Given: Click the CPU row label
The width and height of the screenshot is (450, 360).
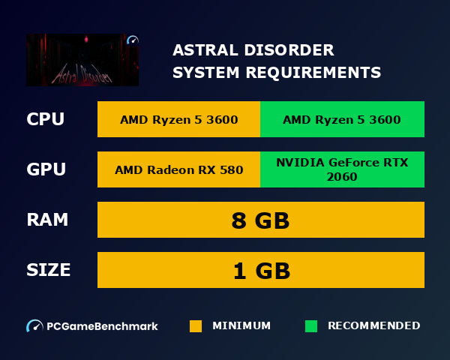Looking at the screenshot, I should (x=45, y=119).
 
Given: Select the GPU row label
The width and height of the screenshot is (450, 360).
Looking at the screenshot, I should (x=46, y=169).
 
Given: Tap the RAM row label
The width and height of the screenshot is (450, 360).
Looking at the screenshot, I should (x=47, y=220).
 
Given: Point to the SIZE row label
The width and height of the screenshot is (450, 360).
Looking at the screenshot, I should (x=49, y=270).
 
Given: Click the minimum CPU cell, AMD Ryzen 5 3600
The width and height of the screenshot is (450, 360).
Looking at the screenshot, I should (x=178, y=120).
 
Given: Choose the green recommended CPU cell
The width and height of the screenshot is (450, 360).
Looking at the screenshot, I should (x=342, y=120).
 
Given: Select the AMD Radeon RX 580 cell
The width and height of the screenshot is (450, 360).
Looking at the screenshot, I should (x=178, y=169).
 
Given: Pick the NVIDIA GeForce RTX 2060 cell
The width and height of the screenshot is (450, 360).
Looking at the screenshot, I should (x=342, y=169).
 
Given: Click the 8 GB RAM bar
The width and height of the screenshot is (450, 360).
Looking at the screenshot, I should (x=261, y=220).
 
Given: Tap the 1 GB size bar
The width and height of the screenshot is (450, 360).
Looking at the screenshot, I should (x=261, y=271).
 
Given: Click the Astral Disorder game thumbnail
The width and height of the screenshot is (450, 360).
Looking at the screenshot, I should (x=82, y=59).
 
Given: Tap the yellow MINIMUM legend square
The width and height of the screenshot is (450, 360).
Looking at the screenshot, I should (x=196, y=326).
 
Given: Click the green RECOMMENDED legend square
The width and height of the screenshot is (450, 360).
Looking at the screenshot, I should (x=311, y=326).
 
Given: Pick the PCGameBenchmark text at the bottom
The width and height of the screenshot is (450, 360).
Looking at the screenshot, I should (x=102, y=326).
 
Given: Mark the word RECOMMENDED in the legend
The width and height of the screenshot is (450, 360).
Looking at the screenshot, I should (x=373, y=326).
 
